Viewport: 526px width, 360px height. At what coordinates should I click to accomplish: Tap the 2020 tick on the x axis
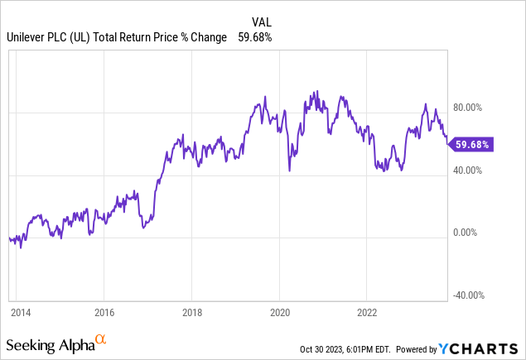279,313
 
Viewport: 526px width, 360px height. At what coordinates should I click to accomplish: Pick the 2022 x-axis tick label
367,313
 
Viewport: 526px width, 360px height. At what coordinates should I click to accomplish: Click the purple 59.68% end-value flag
471,144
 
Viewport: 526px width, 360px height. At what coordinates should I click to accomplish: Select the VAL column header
261,22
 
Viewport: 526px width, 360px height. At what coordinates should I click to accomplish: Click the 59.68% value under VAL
254,37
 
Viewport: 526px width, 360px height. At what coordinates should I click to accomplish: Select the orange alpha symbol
101,339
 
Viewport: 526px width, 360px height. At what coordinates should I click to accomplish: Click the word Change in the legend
209,37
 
